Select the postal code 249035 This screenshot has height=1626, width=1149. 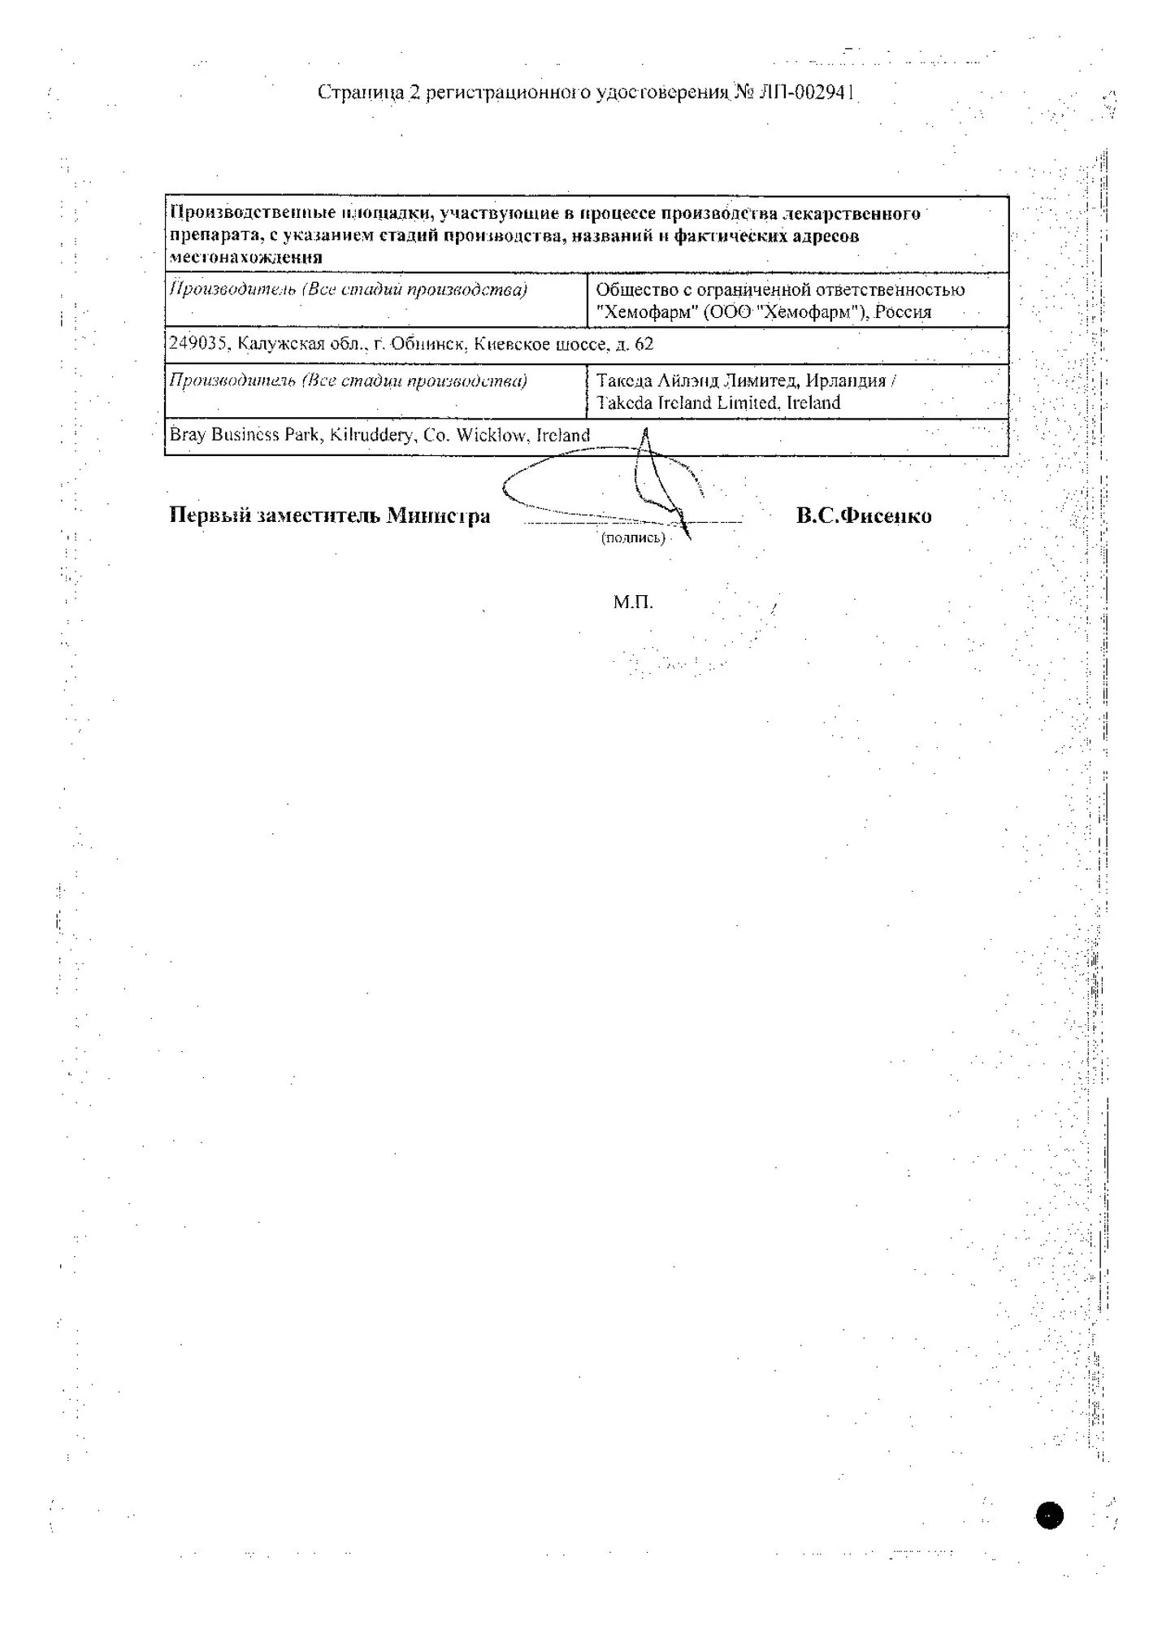pos(197,344)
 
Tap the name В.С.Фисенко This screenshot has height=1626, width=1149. pos(864,516)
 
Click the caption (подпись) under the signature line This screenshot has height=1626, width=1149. pos(633,538)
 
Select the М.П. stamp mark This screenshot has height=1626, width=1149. pos(633,602)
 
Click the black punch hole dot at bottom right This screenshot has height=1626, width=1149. pos(1049,1515)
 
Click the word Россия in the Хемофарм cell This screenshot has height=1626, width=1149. pos(903,312)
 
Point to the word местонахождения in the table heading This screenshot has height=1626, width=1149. pos(245,258)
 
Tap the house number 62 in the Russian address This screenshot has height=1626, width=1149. pos(644,344)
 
